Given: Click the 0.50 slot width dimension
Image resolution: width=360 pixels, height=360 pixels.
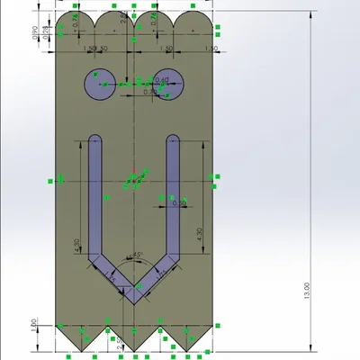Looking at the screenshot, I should [178, 203].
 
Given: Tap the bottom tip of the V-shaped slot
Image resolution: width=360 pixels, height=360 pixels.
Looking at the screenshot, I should [135, 301].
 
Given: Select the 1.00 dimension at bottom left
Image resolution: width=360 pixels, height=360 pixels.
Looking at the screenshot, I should [33, 323].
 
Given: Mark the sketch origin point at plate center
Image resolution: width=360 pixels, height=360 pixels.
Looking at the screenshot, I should [134, 178].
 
